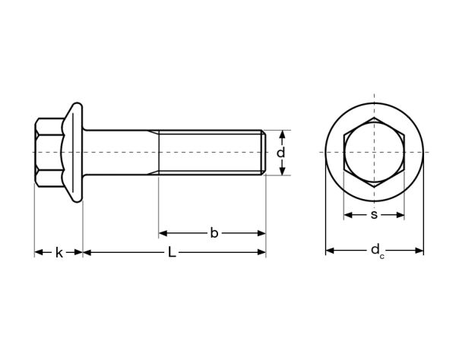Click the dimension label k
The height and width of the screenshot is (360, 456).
pos(59,252)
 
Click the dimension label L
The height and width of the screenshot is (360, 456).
pos(172,252)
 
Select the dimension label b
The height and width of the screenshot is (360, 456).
pos(214,233)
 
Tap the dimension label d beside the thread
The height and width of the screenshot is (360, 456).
pos(281,153)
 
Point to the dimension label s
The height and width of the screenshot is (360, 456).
pos(374,215)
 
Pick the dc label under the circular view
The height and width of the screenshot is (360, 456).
pos(375,251)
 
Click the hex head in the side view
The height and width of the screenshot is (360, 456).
pos(50,153)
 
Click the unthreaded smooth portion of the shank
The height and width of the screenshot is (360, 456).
pos(122,153)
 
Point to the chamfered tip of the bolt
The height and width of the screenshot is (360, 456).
pos(264,153)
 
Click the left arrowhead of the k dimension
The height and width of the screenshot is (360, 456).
pos(38,252)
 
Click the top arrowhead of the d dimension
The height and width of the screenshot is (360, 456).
pos(281,134)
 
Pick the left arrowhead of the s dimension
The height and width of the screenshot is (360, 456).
pos(347,215)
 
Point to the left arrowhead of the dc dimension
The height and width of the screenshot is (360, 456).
pos(329,251)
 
